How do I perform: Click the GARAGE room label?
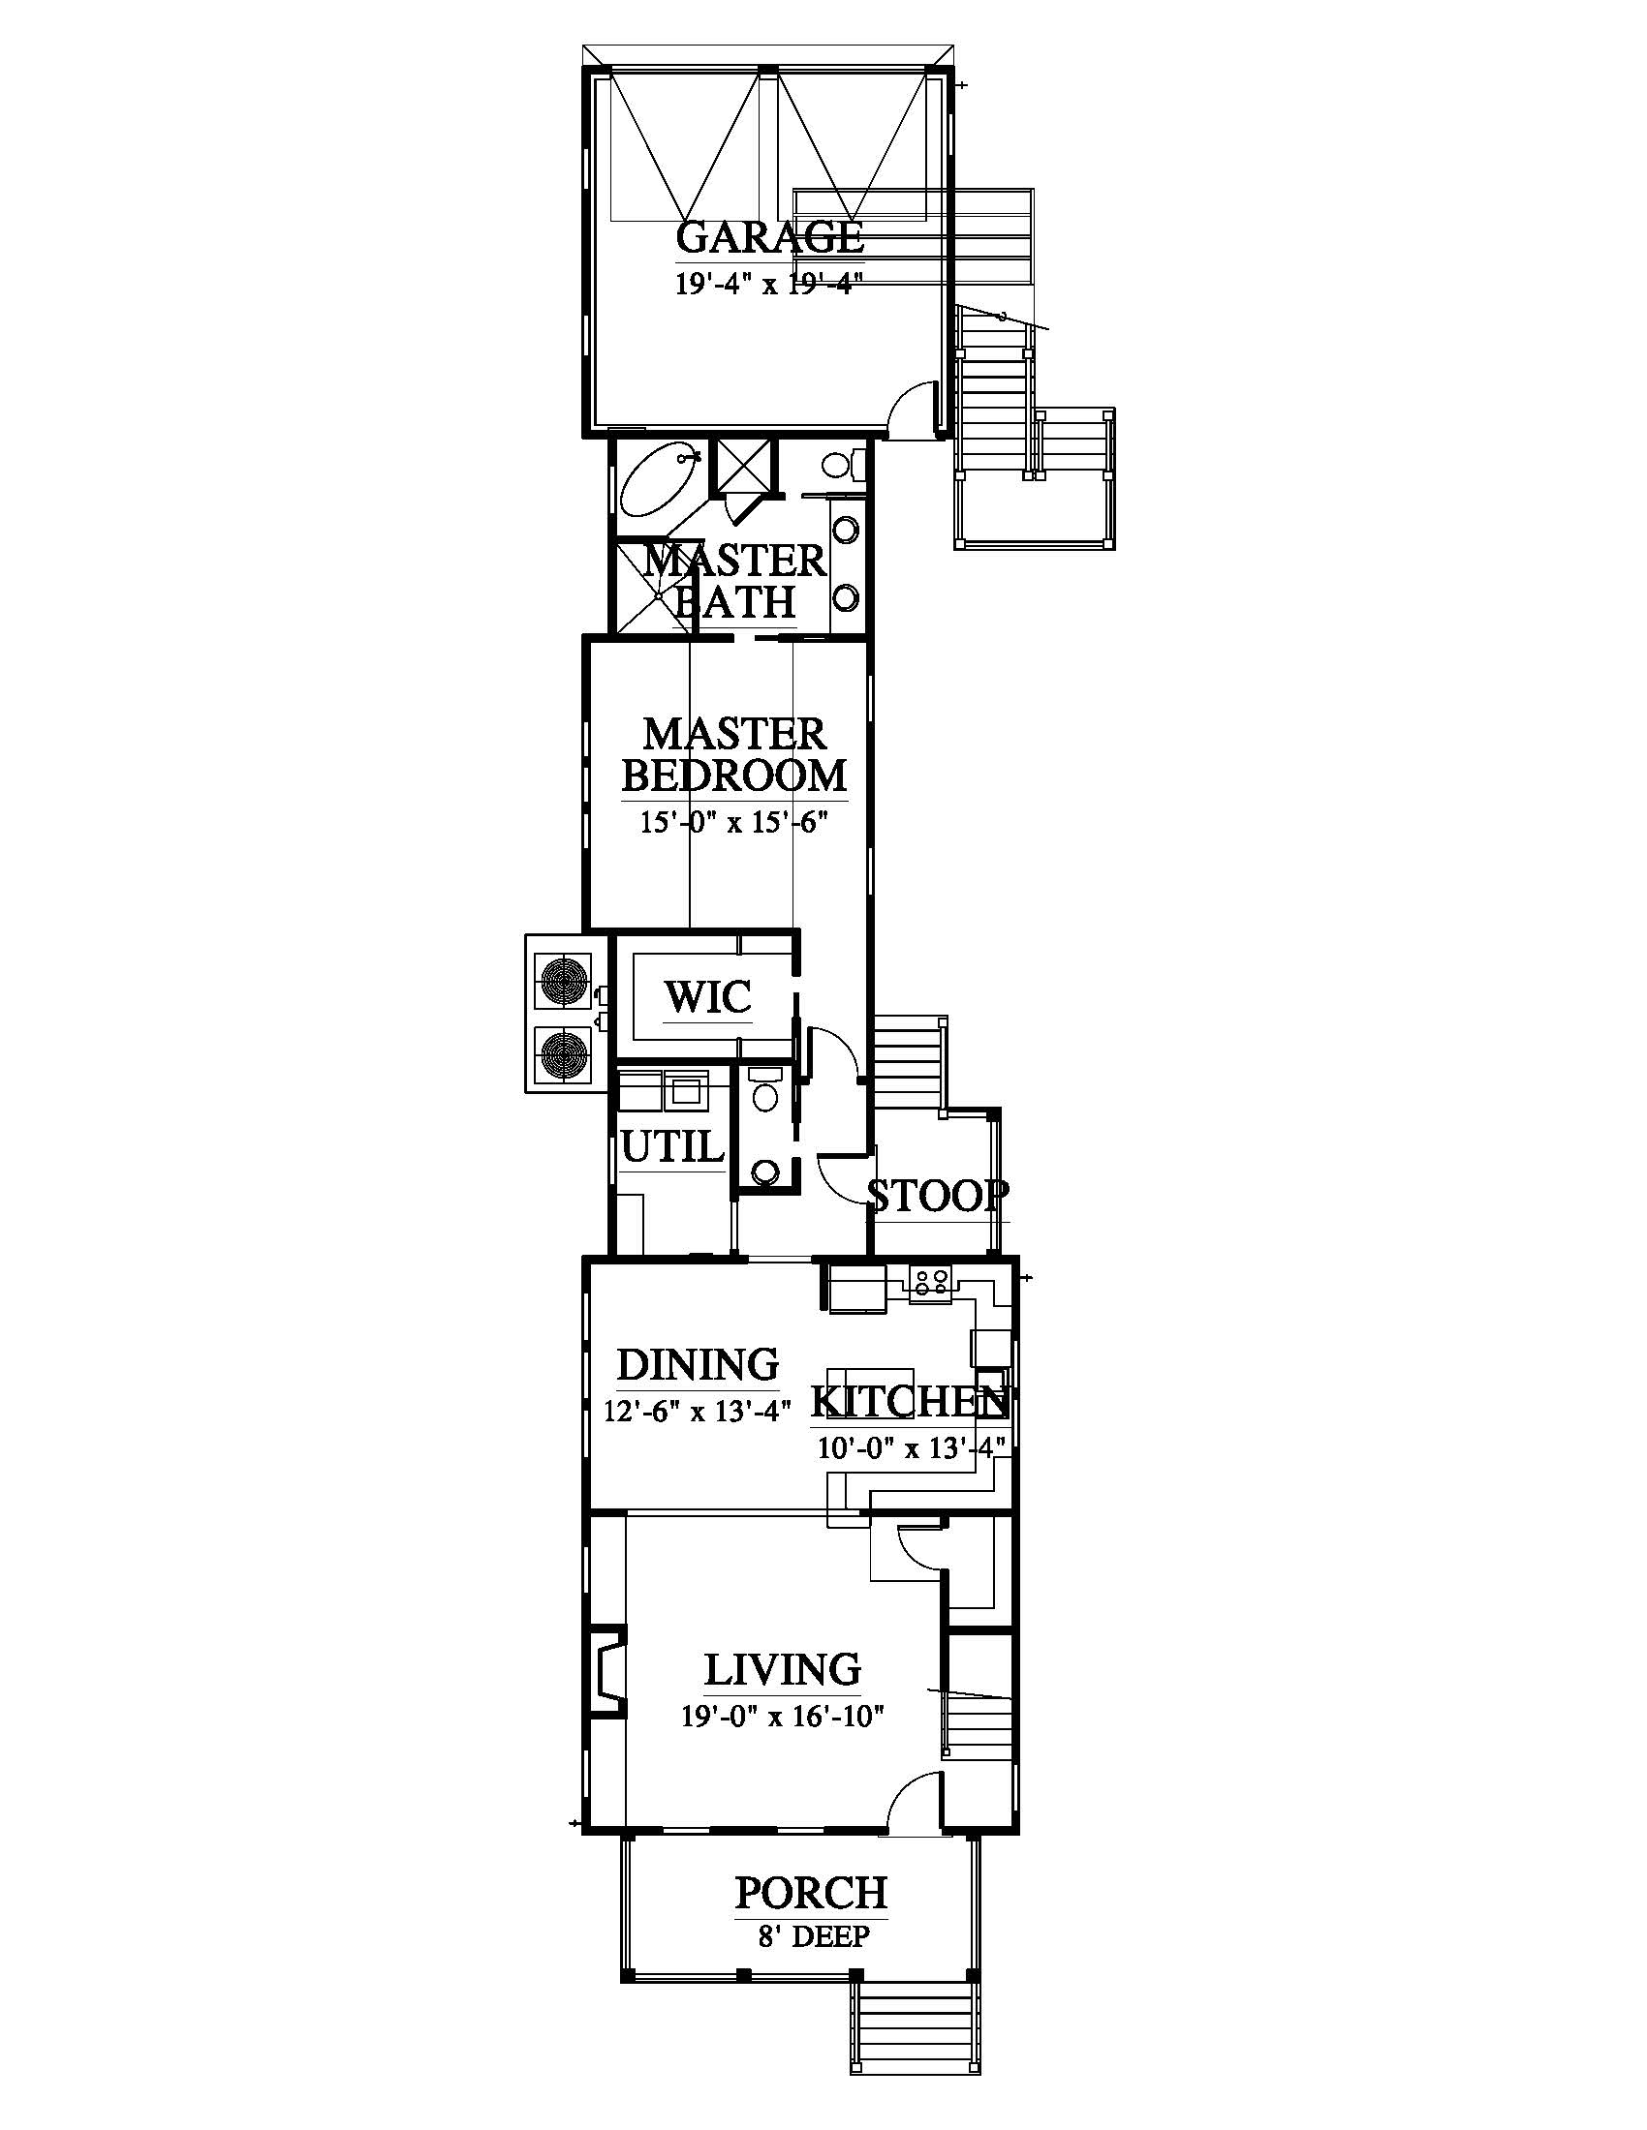[770, 237]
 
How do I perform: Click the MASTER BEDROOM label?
[734, 755]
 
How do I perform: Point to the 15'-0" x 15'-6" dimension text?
[733, 822]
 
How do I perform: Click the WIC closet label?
[708, 996]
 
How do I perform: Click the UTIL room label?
[673, 1147]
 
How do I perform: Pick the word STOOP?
[938, 1196]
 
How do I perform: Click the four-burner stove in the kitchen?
[929, 1282]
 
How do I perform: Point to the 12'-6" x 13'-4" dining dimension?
[698, 1412]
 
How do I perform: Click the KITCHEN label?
[910, 1402]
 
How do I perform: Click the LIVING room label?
[783, 1669]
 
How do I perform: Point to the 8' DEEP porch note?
[812, 1936]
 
